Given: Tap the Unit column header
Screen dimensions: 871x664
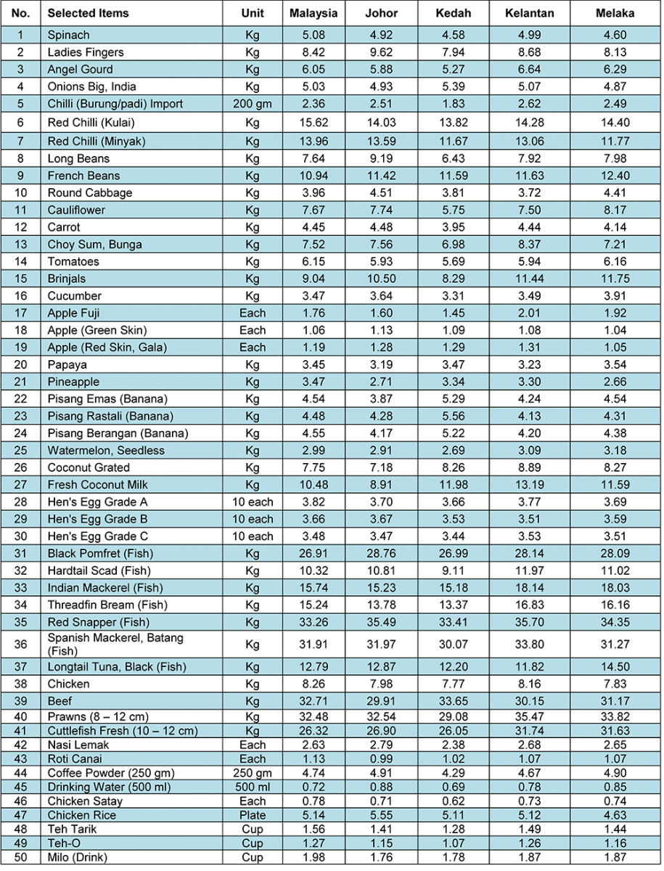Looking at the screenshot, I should [252, 14].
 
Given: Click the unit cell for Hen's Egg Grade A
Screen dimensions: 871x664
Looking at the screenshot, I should [252, 502].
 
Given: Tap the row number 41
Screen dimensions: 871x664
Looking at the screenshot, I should [20, 731].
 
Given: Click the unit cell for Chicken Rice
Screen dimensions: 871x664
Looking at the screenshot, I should [252, 815].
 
